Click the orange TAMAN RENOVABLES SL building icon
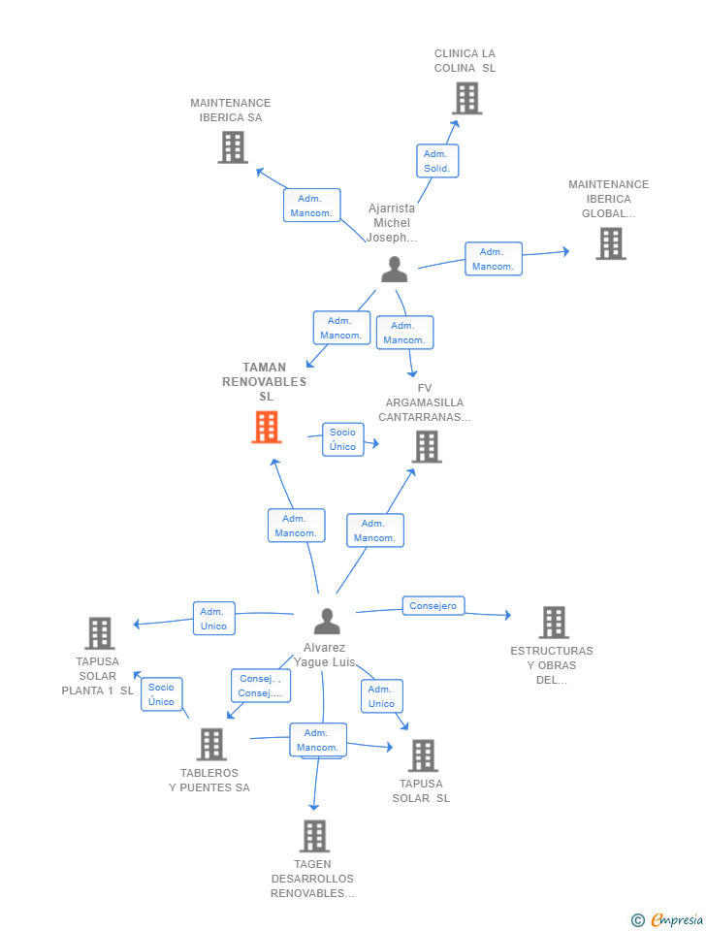[x=267, y=427]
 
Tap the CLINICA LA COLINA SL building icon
[x=466, y=98]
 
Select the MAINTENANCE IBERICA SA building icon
[x=233, y=147]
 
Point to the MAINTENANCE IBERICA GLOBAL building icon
[x=610, y=243]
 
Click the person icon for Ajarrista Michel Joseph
[x=394, y=270]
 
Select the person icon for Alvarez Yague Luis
[x=327, y=621]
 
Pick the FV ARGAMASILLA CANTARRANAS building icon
[x=427, y=447]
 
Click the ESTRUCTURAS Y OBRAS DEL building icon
[x=553, y=623]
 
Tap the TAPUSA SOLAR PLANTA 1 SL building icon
[x=99, y=633]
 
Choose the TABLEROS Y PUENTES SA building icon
[x=210, y=745]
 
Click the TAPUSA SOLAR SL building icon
[x=422, y=755]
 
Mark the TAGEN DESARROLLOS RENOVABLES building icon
[x=313, y=836]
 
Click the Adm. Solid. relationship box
[x=437, y=161]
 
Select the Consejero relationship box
[x=433, y=606]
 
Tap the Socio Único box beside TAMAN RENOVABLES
[x=342, y=439]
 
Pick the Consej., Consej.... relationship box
[x=260, y=686]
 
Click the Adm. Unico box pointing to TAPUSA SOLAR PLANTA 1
[x=212, y=619]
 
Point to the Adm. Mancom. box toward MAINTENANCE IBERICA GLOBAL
[x=493, y=259]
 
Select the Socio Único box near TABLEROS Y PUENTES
[x=161, y=694]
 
